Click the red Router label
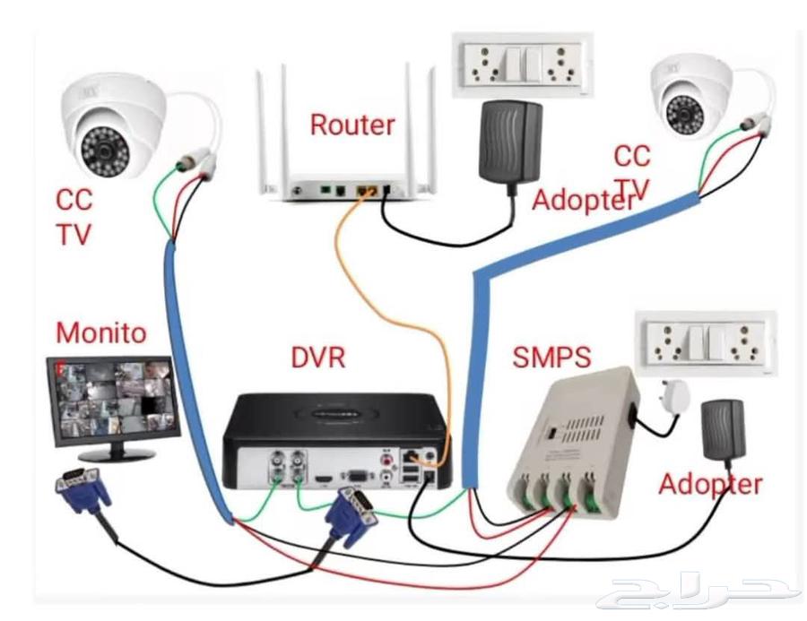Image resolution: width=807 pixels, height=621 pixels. point(352,125)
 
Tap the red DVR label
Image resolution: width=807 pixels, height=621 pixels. point(318,358)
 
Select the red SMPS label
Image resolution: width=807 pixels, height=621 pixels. point(551,358)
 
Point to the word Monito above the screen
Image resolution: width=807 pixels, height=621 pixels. point(100,332)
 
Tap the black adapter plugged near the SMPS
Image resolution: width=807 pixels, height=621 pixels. point(724,429)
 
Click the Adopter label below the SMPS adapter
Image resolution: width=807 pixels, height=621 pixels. point(710,485)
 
